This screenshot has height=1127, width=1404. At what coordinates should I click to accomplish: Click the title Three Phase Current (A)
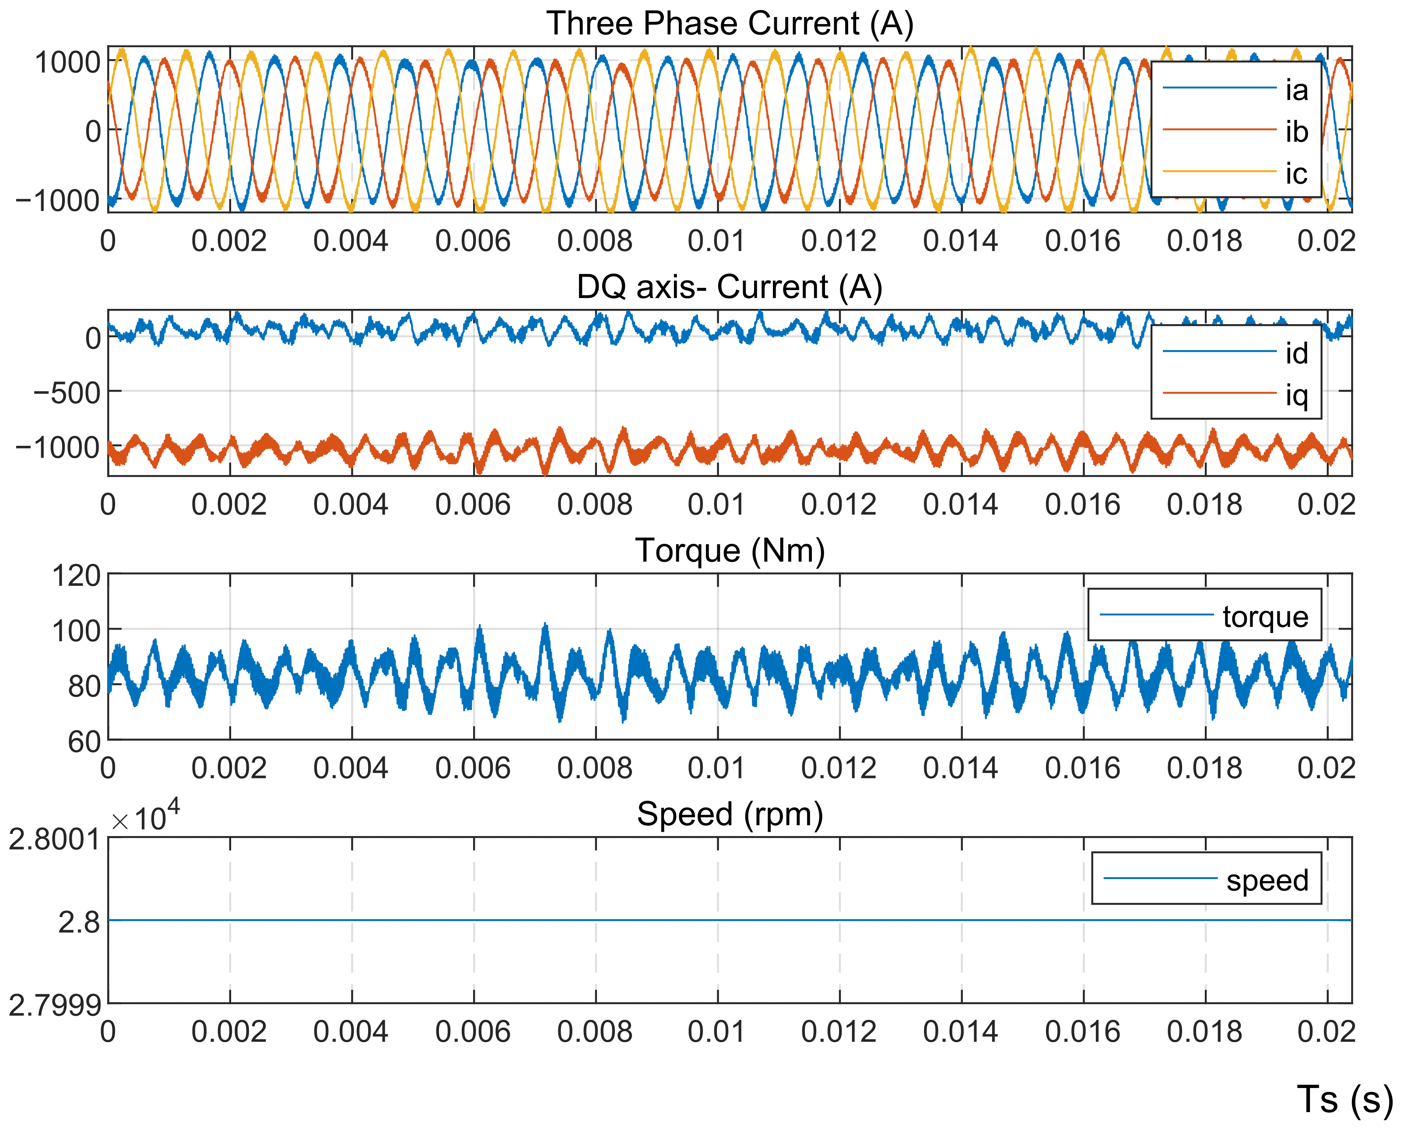pos(729,24)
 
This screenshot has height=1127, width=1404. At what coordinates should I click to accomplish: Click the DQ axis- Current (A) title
pos(729,287)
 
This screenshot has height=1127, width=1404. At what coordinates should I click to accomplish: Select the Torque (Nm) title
pos(729,551)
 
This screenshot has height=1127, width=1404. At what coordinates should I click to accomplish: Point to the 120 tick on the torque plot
pos(76,576)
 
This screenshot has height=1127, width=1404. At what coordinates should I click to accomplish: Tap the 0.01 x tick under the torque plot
pos(716,768)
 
